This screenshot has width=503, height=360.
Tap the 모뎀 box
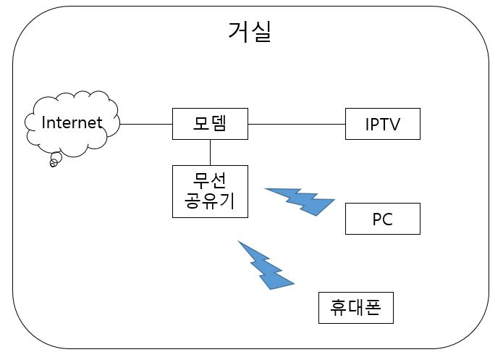tap(210, 124)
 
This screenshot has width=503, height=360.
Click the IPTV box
tap(382, 125)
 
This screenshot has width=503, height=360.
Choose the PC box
tap(382, 219)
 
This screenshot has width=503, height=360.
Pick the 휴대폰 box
tap(356, 308)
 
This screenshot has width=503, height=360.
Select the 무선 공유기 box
tap(210, 191)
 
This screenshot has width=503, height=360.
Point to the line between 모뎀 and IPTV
tap(297, 124)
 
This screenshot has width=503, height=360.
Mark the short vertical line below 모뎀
tap(210, 152)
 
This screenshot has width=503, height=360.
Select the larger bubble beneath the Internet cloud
tap(55, 159)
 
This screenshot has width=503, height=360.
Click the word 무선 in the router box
tap(210, 181)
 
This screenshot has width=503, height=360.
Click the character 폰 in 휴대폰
tap(374, 308)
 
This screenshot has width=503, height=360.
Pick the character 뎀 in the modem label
tap(219, 124)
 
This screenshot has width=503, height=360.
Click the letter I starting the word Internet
tap(44, 122)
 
